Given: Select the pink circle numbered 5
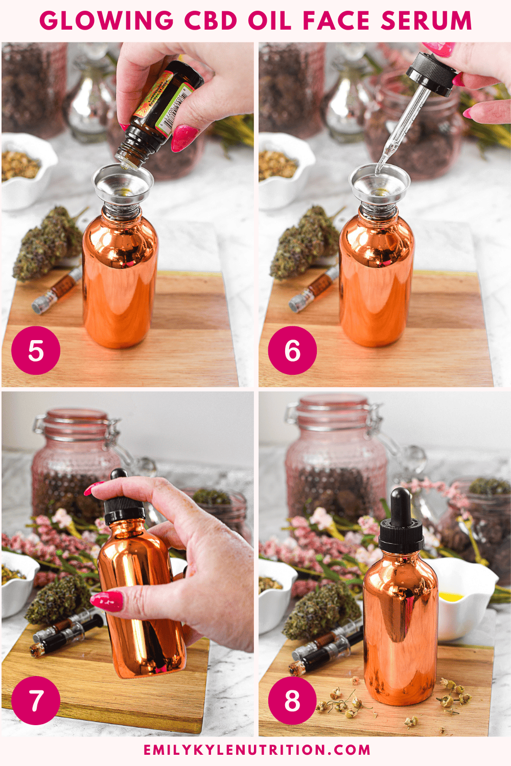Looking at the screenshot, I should pyautogui.click(x=36, y=351).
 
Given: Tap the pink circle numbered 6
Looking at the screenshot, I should pyautogui.click(x=292, y=351).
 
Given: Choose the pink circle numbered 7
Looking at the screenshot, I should pyautogui.click(x=36, y=700).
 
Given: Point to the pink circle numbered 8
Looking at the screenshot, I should pyautogui.click(x=292, y=700).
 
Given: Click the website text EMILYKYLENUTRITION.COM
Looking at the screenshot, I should pyautogui.click(x=257, y=750).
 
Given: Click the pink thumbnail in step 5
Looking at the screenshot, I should pyautogui.click(x=184, y=138).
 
